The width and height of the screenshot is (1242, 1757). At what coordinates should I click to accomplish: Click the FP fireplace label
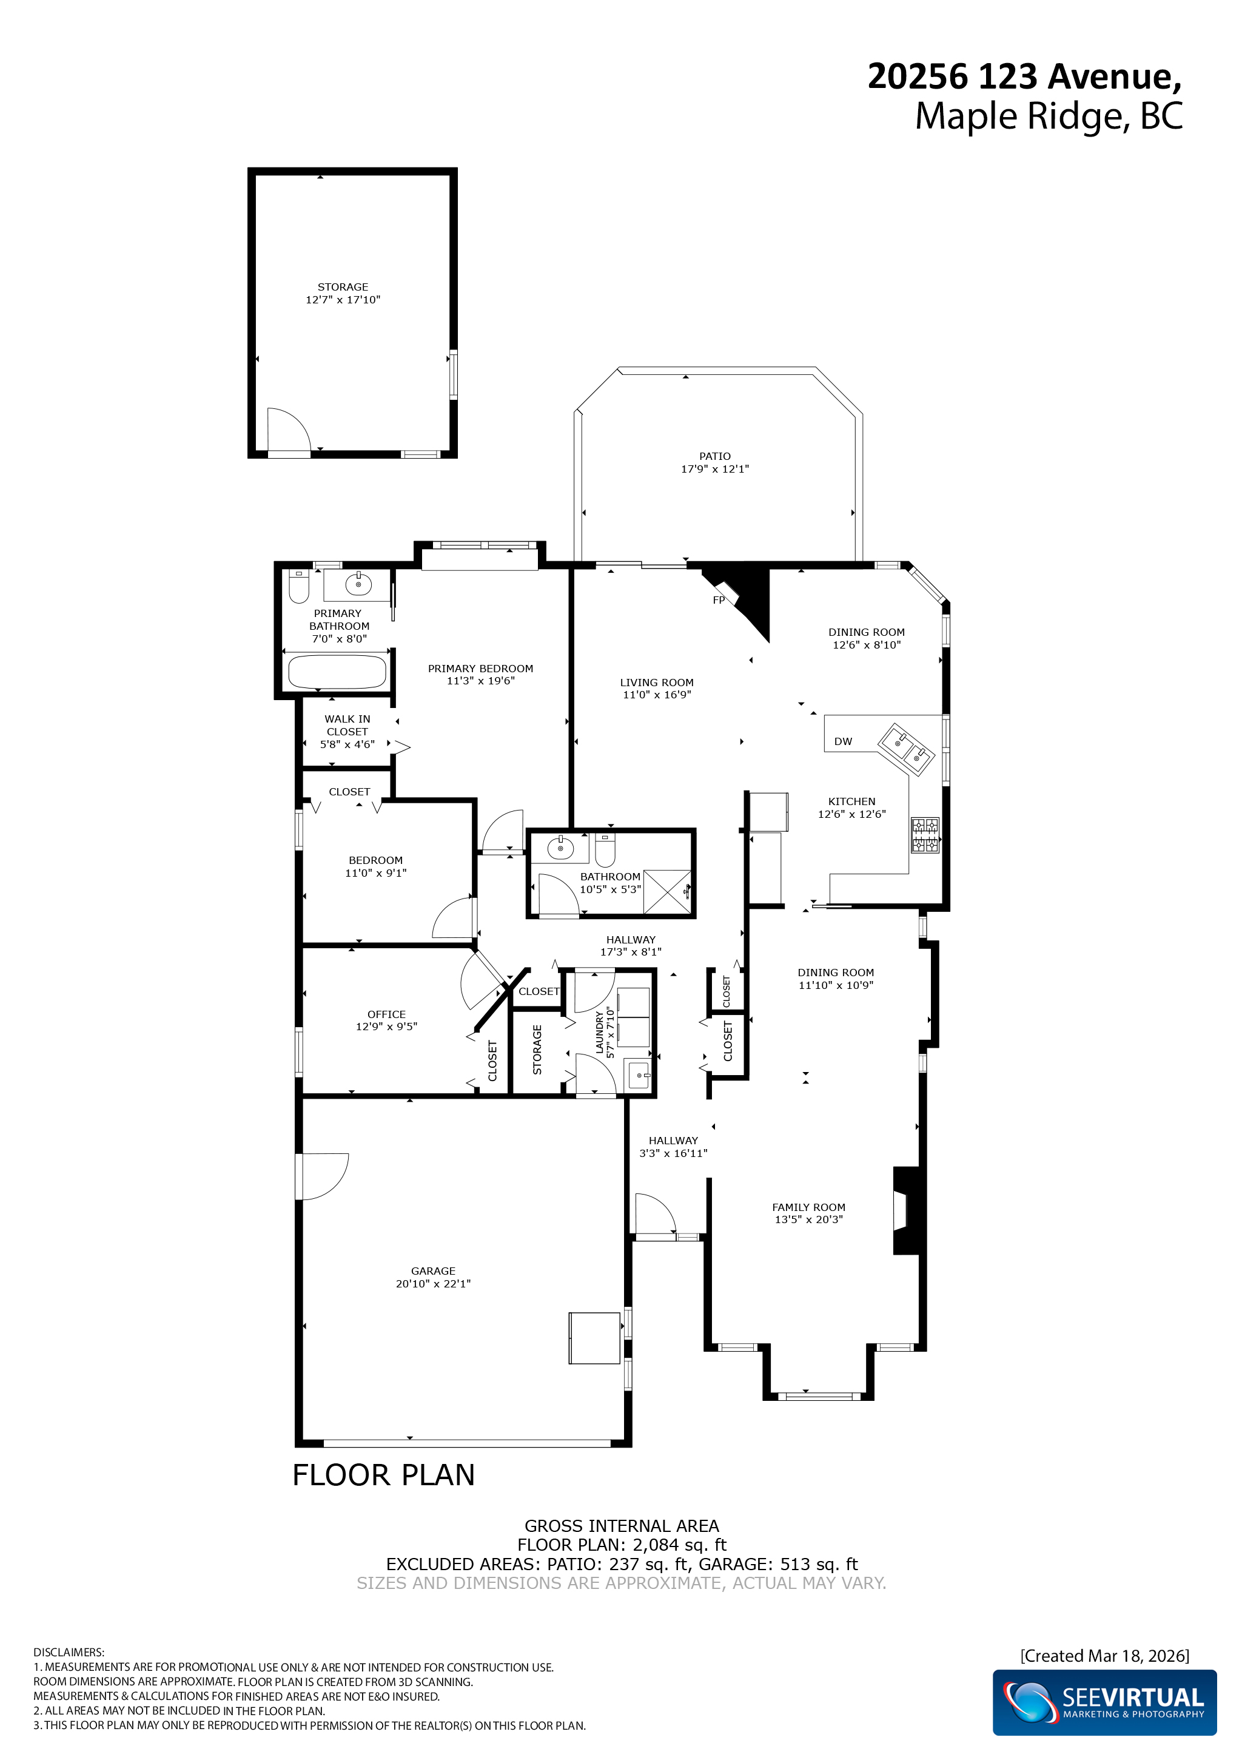click(718, 600)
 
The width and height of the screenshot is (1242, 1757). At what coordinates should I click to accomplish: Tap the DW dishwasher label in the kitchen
click(843, 741)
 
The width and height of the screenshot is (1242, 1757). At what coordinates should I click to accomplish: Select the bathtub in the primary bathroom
click(337, 672)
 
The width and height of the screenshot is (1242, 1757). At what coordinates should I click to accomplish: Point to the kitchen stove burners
click(925, 835)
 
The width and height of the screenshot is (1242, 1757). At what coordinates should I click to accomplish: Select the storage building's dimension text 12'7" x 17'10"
click(343, 300)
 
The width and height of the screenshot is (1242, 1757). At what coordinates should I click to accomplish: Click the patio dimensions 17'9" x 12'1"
click(715, 469)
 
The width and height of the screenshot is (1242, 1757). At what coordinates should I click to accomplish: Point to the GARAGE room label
click(433, 1271)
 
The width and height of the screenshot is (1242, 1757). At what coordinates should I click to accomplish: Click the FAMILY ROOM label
click(808, 1207)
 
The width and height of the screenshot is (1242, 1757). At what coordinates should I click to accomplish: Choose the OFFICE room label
click(386, 1014)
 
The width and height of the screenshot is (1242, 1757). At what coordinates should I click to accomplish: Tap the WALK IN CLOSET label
click(347, 726)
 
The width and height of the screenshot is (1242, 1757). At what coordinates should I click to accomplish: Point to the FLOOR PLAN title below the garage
click(384, 1475)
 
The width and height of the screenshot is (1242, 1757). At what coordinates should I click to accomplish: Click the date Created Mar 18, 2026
click(1104, 1656)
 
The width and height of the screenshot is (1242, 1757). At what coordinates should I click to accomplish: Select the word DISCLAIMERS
click(69, 1652)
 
